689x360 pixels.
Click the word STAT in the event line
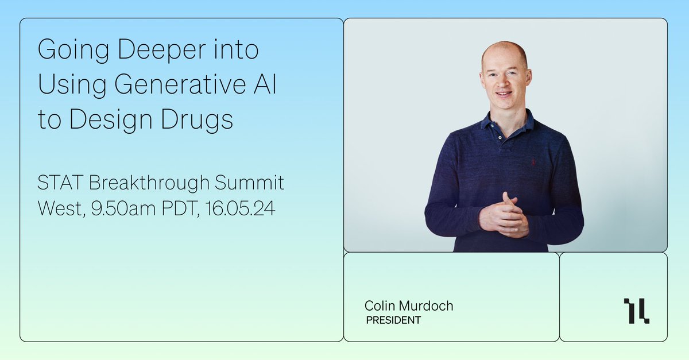tap(58, 184)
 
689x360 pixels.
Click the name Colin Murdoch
tap(408, 306)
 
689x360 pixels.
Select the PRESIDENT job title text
tap(393, 320)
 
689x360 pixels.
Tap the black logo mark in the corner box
tap(636, 311)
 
